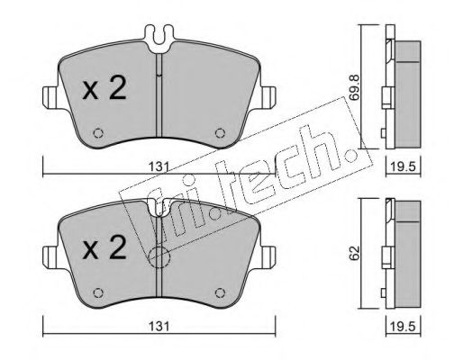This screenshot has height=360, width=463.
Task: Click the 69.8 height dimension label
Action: pyautogui.click(x=355, y=87)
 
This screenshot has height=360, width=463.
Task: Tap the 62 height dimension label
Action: pyautogui.click(x=355, y=253)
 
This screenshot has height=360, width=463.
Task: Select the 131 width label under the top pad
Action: pyautogui.click(x=159, y=166)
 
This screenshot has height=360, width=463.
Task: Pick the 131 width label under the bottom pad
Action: pyautogui.click(x=159, y=326)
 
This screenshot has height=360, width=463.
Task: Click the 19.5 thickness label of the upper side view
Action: pyautogui.click(x=403, y=166)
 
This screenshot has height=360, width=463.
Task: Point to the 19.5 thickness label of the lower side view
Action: pyautogui.click(x=403, y=326)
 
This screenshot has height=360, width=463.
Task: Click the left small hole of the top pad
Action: pyautogui.click(x=98, y=133)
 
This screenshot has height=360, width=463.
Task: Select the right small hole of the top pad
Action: pyautogui.click(x=220, y=133)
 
